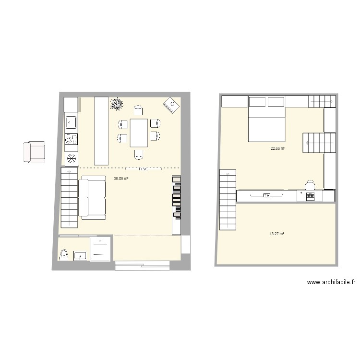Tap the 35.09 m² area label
(121, 179)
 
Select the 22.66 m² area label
(278, 149)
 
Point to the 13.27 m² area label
(277, 234)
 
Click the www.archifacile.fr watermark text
(331, 283)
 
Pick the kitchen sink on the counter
(71, 122)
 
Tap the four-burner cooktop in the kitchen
(71, 139)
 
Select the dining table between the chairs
(139, 132)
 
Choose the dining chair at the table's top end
(138, 110)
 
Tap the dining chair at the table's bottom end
(139, 155)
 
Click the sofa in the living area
(92, 198)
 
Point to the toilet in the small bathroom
(64, 254)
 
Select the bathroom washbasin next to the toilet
(80, 255)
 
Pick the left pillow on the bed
(257, 102)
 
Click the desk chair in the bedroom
(310, 184)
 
